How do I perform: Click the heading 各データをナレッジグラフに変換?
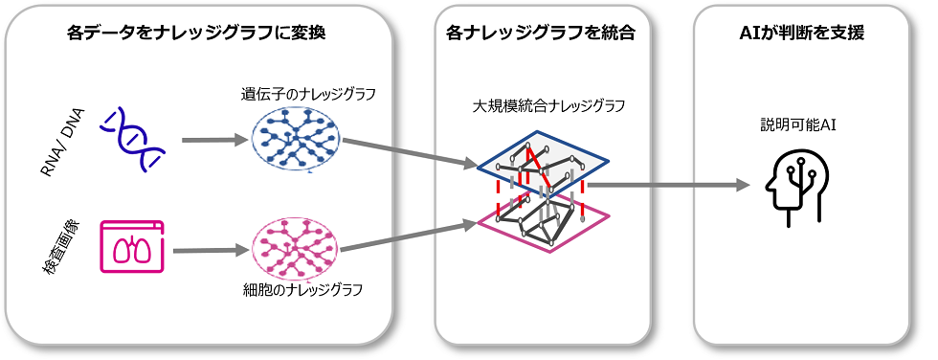pyautogui.click(x=196, y=33)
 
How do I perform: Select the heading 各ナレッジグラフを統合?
pyautogui.click(x=541, y=33)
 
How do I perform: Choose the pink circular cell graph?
pyautogui.click(x=296, y=248)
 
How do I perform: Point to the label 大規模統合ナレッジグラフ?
pyautogui.click(x=542, y=104)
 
